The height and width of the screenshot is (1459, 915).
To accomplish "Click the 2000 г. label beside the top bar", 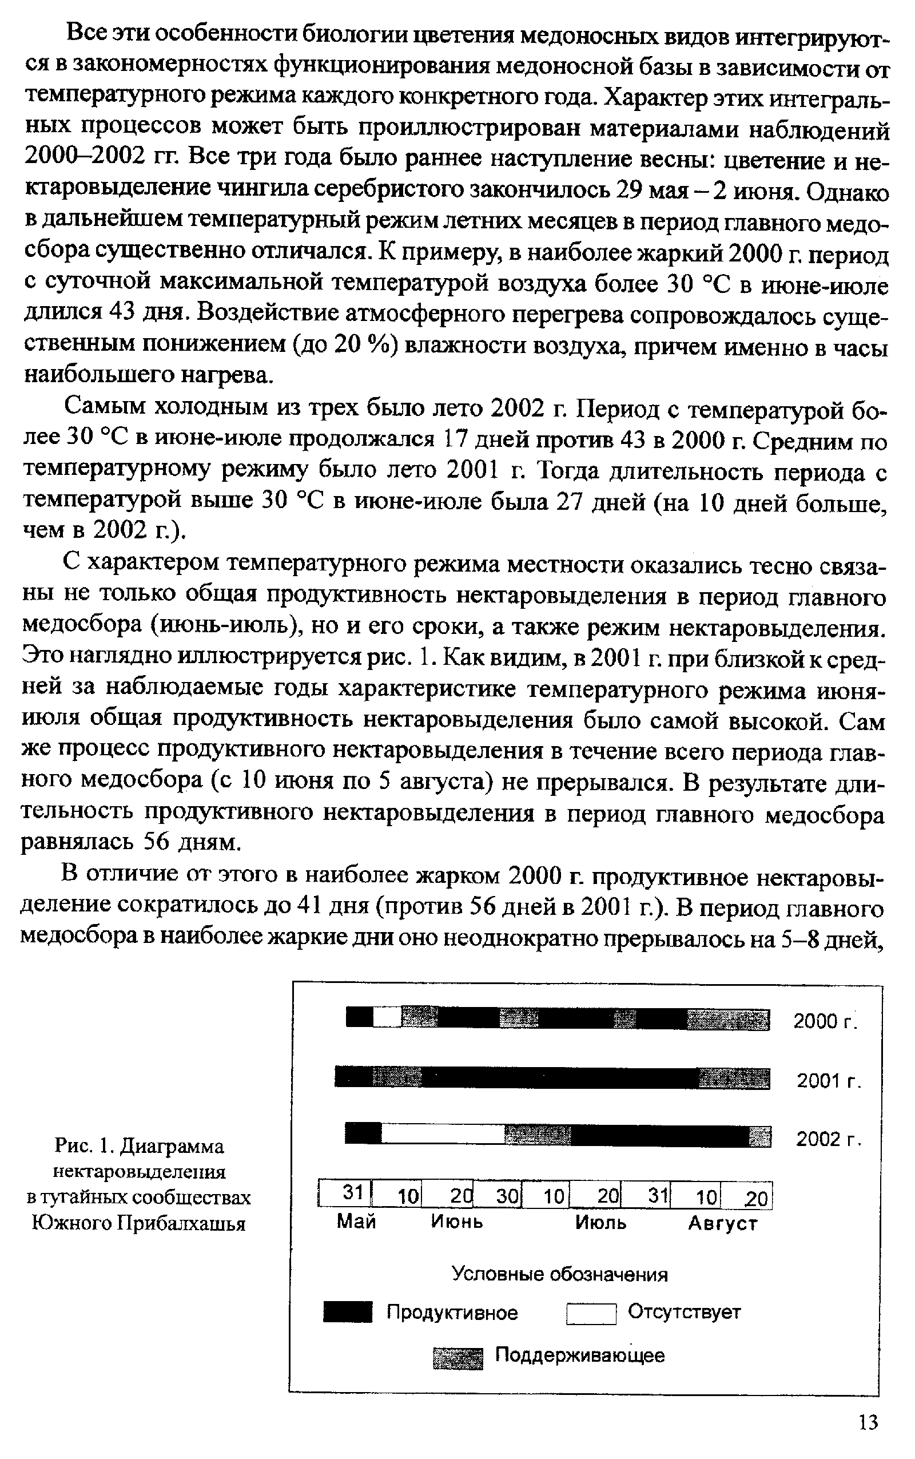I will point(825,1021).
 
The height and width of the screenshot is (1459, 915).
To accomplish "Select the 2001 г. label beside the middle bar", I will point(828,1081).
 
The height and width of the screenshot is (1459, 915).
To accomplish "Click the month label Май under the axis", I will point(356,1221).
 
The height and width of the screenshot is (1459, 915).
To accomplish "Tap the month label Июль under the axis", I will point(600,1222).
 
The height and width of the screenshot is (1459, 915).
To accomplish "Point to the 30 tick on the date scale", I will point(507,1196).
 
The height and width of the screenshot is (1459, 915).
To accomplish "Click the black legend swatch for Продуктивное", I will point(347,1313).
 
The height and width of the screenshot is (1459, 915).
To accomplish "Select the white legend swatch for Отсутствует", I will point(591,1313).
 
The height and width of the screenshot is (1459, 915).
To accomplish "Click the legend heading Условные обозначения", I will point(560,1275).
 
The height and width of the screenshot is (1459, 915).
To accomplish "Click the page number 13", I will point(868,1422).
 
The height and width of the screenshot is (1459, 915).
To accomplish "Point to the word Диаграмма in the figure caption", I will point(173,1146).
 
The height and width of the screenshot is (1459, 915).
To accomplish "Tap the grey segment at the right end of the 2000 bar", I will point(728,1020).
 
